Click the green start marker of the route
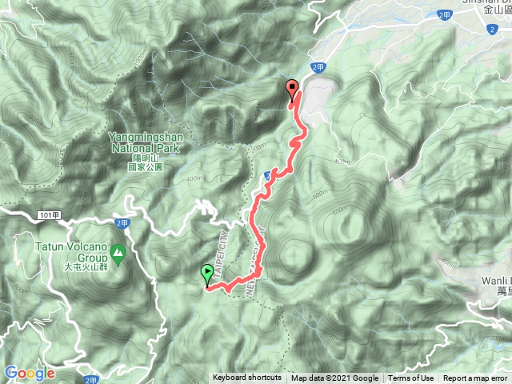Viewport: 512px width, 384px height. pyautogui.click(x=208, y=274)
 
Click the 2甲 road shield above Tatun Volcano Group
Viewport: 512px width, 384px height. pyautogui.click(x=122, y=223)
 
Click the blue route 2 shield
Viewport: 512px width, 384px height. pyautogui.click(x=490, y=30)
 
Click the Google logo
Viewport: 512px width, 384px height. pyautogui.click(x=30, y=373)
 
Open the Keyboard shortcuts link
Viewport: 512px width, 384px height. pyautogui.click(x=246, y=378)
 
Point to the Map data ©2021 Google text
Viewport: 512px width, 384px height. pyautogui.click(x=334, y=378)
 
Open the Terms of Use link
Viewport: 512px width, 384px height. pyautogui.click(x=410, y=378)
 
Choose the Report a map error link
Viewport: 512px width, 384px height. pyautogui.click(x=476, y=378)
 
